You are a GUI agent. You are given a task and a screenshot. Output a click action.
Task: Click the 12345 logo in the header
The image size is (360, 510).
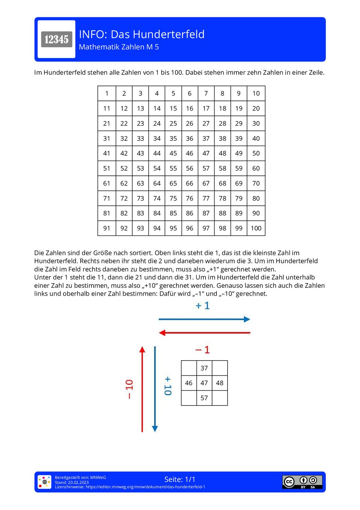click(x=57, y=39)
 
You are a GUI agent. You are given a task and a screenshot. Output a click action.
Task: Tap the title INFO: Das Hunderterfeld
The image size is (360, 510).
click(x=141, y=34)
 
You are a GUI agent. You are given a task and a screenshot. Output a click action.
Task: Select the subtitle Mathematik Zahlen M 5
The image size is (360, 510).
click(x=119, y=47)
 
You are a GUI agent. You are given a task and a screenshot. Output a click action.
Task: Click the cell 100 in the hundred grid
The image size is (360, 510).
click(x=256, y=228)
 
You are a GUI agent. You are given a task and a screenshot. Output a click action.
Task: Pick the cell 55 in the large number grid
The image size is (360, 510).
click(x=173, y=168)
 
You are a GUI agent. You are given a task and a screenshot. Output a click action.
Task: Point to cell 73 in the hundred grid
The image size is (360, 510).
click(x=140, y=198)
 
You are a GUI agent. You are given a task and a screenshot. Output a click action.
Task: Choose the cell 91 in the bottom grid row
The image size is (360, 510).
click(x=107, y=228)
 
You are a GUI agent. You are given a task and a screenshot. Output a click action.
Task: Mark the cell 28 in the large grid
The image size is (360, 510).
click(x=222, y=124)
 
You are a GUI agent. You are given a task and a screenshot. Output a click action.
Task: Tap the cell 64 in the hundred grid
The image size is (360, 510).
click(x=157, y=183)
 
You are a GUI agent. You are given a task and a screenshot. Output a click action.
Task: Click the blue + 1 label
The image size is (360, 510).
click(x=203, y=306)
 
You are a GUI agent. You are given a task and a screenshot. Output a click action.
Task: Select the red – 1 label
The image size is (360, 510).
click(x=202, y=350)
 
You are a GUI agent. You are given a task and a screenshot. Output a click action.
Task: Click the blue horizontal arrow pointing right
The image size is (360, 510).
click(x=204, y=319)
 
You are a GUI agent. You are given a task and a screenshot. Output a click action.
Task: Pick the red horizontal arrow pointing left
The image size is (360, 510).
click(x=204, y=333)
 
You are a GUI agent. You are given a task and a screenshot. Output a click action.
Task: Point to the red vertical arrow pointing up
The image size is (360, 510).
click(x=142, y=389)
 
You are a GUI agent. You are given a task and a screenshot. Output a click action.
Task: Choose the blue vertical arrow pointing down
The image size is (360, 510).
click(x=155, y=389)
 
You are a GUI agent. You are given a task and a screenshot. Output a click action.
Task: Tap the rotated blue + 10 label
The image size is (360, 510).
click(x=168, y=386)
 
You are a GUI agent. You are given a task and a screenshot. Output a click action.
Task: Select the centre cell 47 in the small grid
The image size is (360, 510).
click(x=204, y=383)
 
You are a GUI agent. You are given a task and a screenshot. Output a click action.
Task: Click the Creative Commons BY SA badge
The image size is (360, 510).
click(x=302, y=482)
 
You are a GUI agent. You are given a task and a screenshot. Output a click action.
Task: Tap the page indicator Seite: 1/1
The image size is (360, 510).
click(x=180, y=479)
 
